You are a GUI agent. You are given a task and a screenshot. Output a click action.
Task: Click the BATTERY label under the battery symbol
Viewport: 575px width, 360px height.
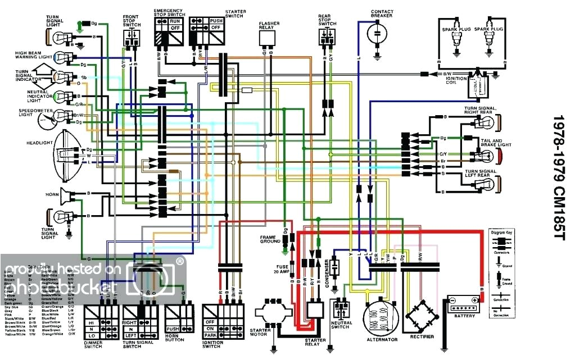pos(464,316)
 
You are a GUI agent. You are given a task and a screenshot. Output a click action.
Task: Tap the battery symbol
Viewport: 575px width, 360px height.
pos(464,303)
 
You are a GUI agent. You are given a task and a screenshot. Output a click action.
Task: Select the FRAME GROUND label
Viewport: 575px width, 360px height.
pos(270,239)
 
